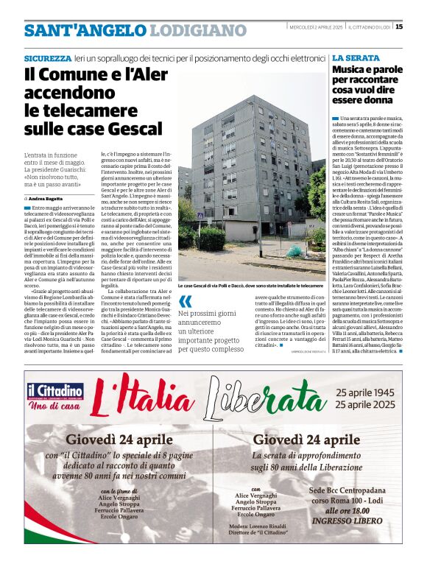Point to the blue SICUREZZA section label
[x=48, y=57]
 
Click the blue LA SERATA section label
[x=356, y=57]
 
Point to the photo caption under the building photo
[x=250, y=284]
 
